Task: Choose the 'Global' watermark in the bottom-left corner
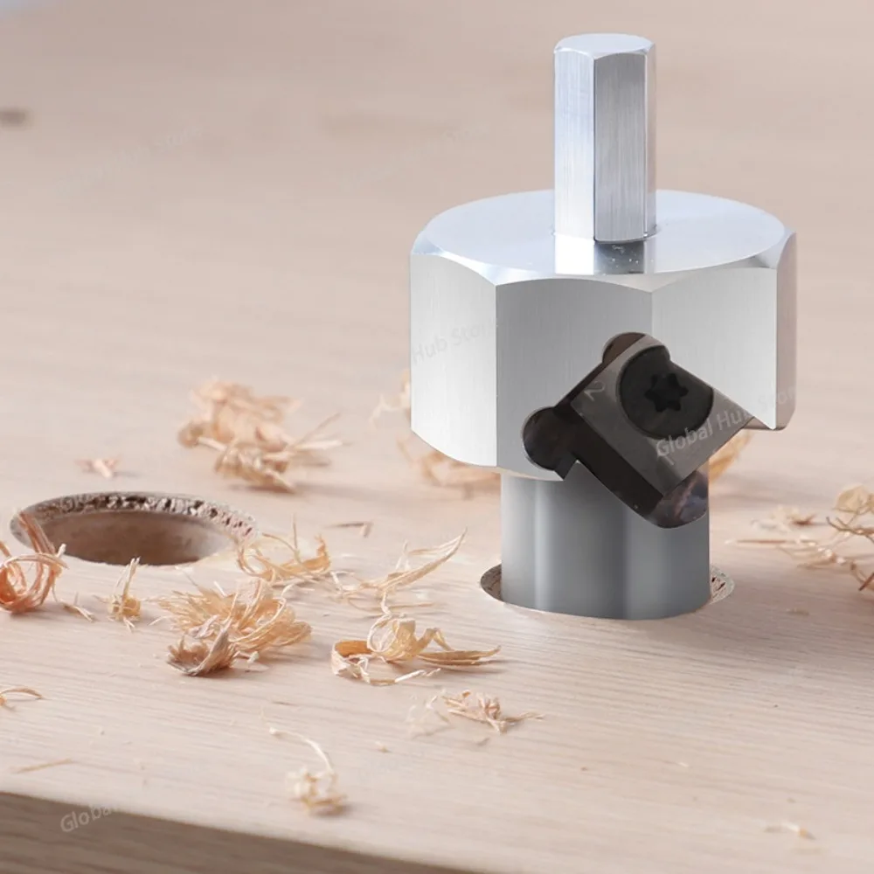point(83,818)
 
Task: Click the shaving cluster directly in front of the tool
point(411,647)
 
